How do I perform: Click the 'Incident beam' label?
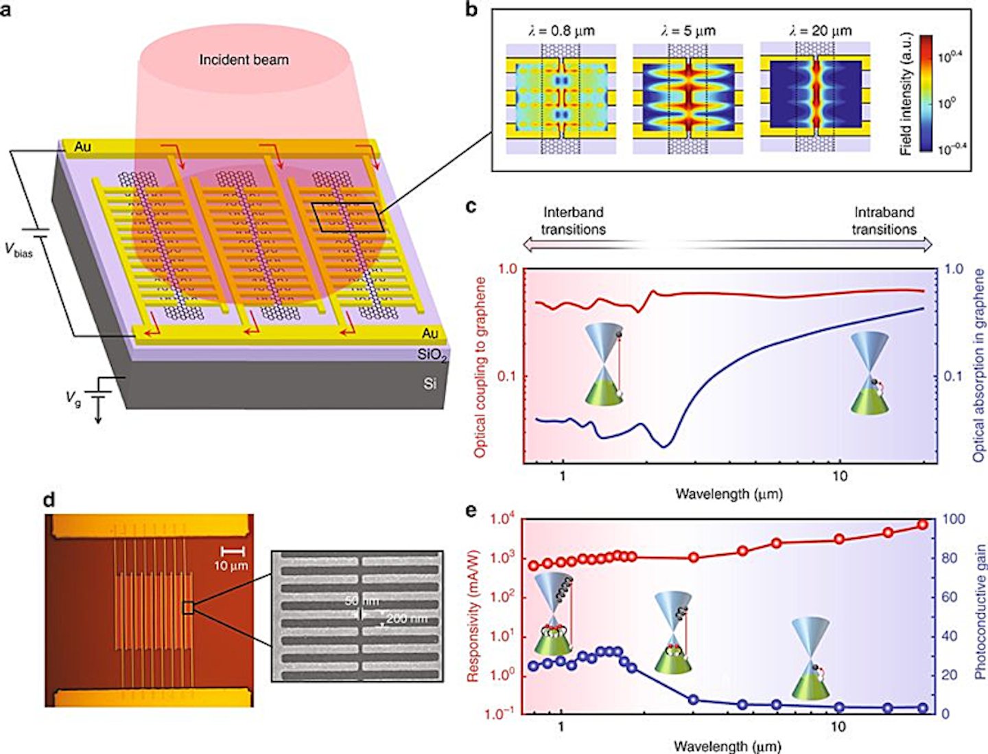(x=244, y=60)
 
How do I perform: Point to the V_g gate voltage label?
(x=73, y=398)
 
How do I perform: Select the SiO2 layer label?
(x=432, y=355)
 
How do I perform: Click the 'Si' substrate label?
(x=430, y=383)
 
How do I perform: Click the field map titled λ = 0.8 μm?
(x=561, y=98)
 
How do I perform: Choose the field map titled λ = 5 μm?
(x=687, y=98)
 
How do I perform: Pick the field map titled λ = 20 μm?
(x=815, y=97)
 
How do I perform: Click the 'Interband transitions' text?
(x=573, y=220)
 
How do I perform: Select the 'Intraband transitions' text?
(x=884, y=220)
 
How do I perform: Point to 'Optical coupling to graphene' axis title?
(x=480, y=367)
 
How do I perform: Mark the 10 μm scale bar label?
(x=231, y=566)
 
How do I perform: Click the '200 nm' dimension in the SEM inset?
(x=406, y=619)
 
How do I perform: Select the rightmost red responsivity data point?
(x=922, y=525)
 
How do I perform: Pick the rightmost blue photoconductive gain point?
(x=922, y=707)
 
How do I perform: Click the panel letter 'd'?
(x=49, y=499)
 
